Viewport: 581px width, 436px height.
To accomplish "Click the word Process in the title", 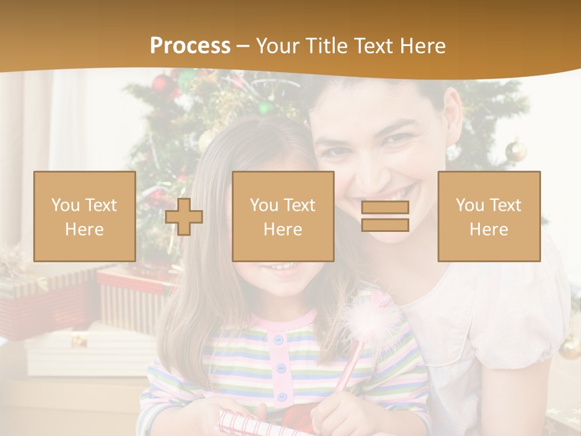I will [190, 46].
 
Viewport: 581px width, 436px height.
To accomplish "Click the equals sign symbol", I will [385, 216].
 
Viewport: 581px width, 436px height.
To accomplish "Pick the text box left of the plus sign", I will [85, 216].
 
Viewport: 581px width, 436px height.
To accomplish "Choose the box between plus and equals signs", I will [283, 216].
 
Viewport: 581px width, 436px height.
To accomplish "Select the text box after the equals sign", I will [488, 216].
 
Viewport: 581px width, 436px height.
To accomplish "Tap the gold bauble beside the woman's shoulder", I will [516, 150].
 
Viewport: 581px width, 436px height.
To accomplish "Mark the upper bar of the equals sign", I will [385, 207].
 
